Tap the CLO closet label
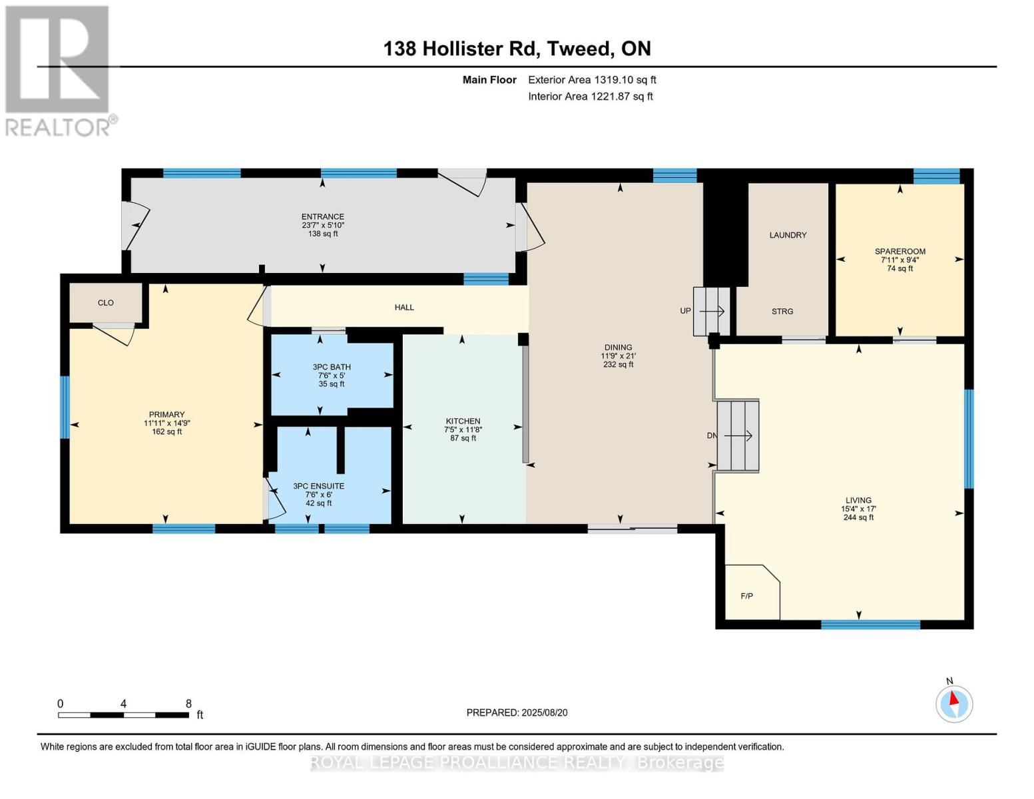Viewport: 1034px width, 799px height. point(106,303)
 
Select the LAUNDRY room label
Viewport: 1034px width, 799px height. point(788,235)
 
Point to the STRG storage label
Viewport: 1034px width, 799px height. point(782,312)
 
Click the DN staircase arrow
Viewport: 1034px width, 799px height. point(738,436)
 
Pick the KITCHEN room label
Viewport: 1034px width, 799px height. point(463,421)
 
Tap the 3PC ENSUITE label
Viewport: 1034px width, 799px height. point(318,486)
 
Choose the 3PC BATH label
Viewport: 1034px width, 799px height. point(332,367)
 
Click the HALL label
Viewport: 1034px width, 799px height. point(404,308)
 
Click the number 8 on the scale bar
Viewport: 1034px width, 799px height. point(188,704)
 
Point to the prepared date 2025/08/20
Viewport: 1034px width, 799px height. point(517,712)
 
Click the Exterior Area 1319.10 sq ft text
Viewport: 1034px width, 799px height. point(592,80)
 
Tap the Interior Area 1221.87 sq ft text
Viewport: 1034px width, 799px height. point(590,97)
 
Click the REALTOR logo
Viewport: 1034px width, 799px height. point(58,71)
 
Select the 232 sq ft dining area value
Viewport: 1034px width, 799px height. point(618,365)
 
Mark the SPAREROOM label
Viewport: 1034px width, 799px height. point(900,252)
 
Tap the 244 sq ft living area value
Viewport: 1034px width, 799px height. point(858,517)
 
